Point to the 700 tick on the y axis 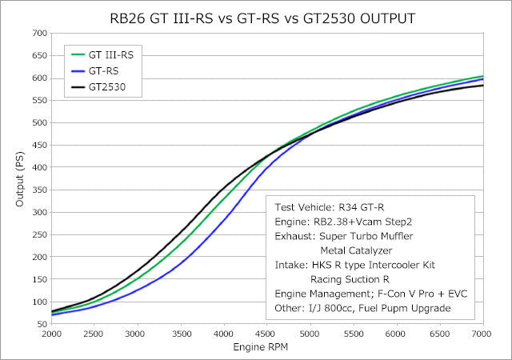coord(38,34)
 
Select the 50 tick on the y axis coord(41,324)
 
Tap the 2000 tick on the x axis coord(52,334)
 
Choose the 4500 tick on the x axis coord(267,334)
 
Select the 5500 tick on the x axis coord(354,334)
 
